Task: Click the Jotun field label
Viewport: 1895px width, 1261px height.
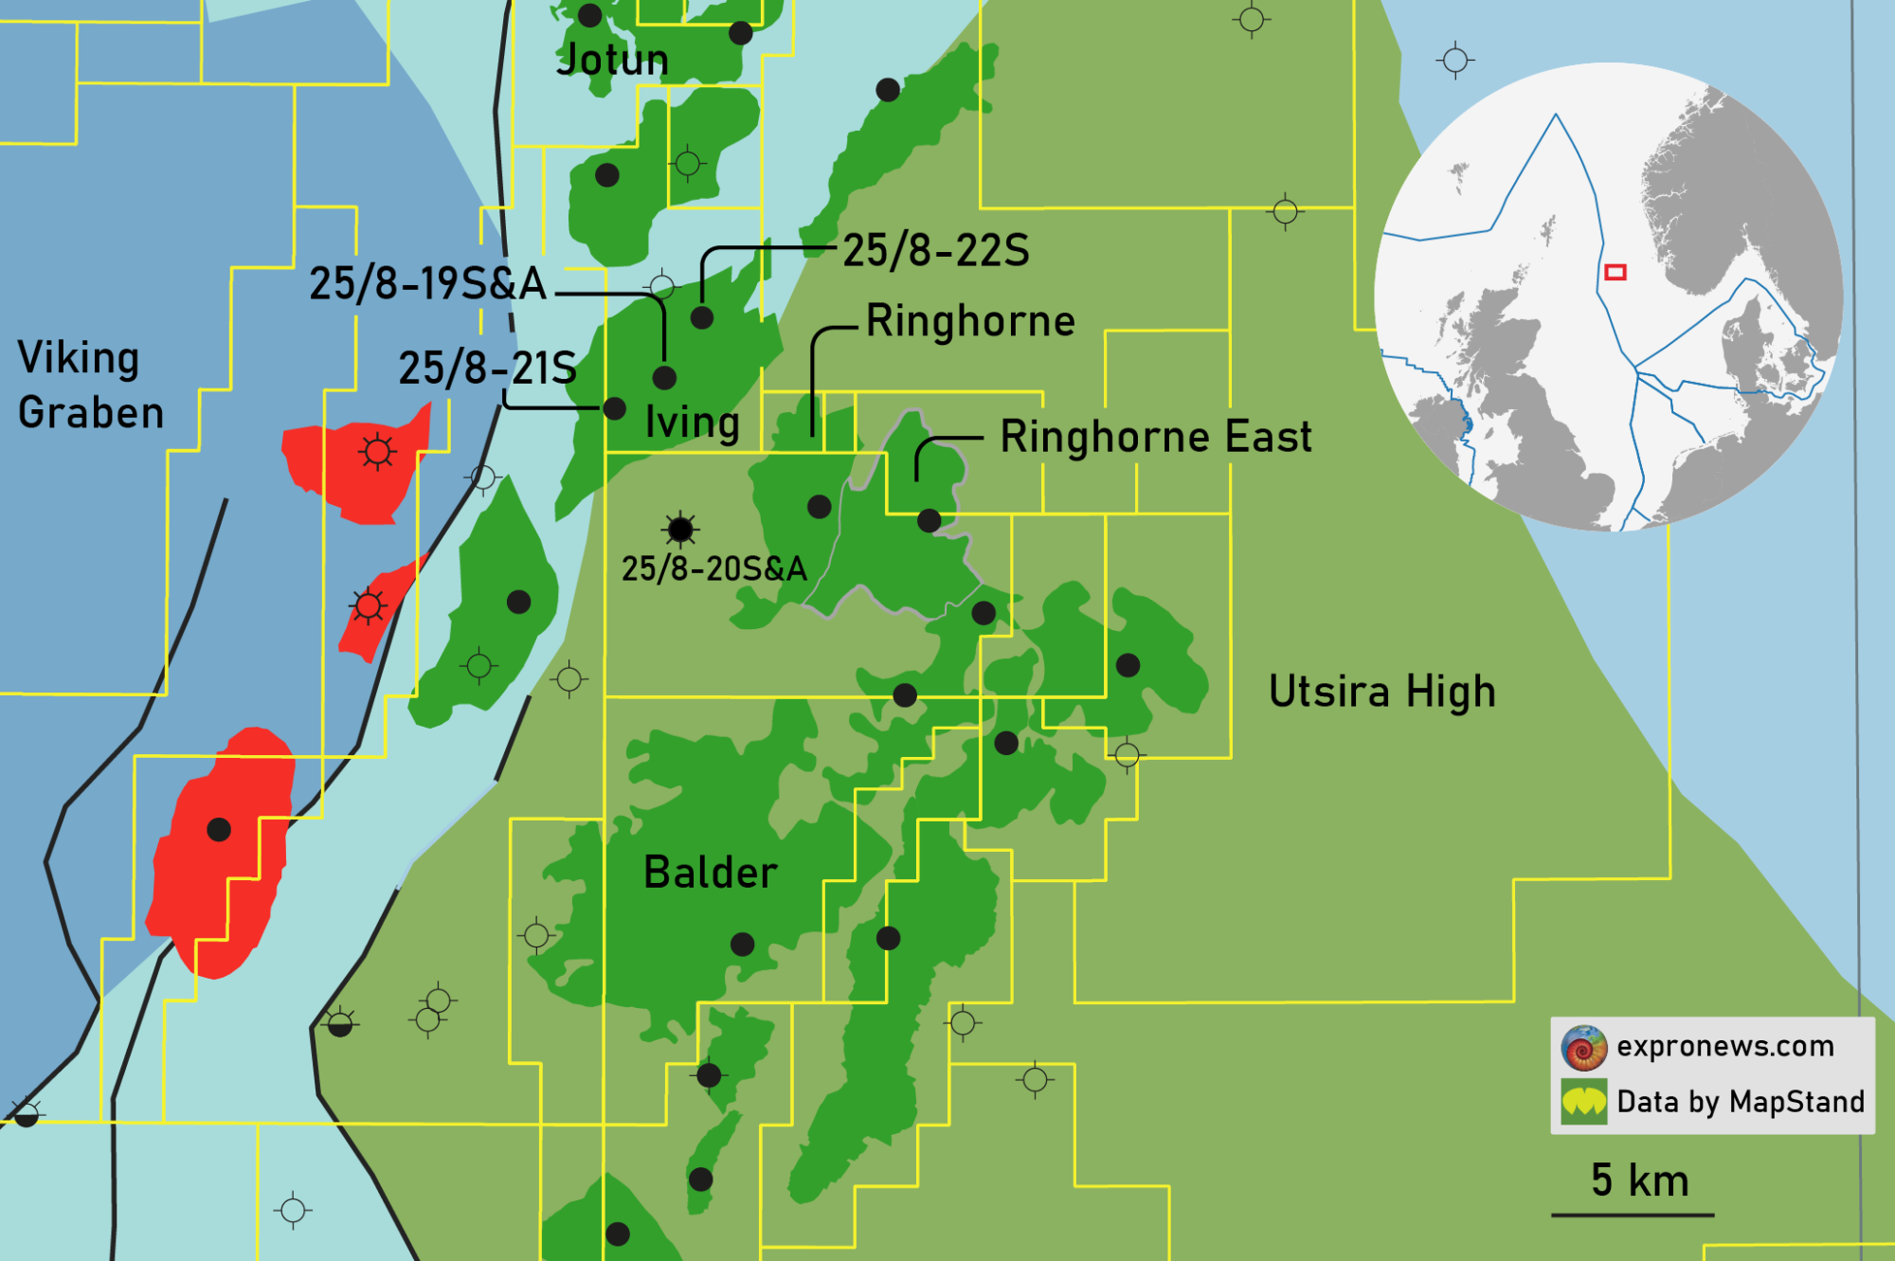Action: point(612,61)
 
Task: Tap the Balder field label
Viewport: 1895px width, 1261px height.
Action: point(710,873)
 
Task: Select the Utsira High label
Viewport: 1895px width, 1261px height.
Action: point(1381,692)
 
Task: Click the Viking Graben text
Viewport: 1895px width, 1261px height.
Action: point(90,386)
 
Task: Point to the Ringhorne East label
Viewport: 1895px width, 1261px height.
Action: point(1156,437)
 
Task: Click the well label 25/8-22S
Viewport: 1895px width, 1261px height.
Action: point(935,251)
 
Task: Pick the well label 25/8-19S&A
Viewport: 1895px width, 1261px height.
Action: point(428,283)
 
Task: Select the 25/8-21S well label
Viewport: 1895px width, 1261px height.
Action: point(487,368)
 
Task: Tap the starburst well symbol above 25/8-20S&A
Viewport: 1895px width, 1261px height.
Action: point(680,529)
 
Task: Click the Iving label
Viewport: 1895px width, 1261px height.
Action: point(692,423)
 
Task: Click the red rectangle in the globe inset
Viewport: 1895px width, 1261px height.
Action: point(1615,273)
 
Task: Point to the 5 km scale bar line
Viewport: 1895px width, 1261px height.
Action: point(1632,1215)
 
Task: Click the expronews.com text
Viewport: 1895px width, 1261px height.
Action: point(1724,1046)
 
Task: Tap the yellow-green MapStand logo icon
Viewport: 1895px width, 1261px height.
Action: point(1584,1102)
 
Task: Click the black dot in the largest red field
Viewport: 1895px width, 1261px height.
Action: point(219,830)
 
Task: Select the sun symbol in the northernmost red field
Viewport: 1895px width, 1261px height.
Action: point(377,452)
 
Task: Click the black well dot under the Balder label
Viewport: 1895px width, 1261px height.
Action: point(743,944)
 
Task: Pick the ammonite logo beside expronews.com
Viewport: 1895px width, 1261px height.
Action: point(1584,1048)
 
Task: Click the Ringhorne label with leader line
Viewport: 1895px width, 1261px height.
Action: point(970,321)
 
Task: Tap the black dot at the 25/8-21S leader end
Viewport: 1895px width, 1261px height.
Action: point(614,408)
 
